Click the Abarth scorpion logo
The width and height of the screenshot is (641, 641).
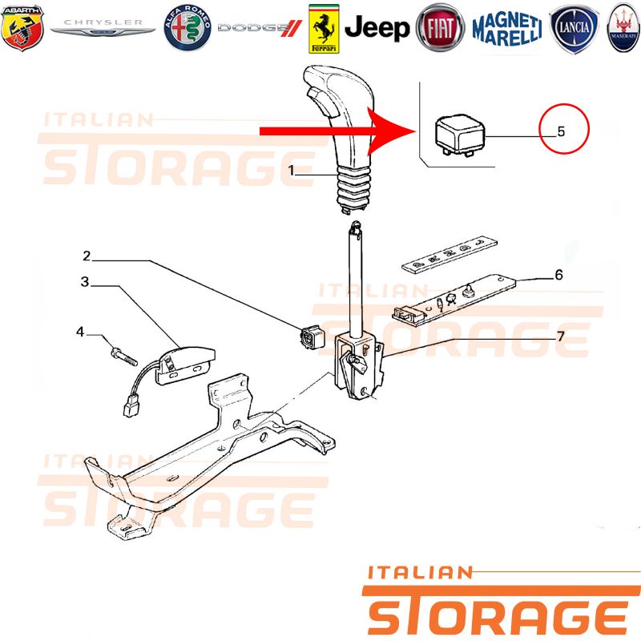click(22, 28)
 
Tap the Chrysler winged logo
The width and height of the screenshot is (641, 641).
click(103, 27)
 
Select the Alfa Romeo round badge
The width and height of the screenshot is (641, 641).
click(187, 28)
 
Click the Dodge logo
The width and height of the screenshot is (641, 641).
click(260, 28)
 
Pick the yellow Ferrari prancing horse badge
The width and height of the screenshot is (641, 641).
click(324, 29)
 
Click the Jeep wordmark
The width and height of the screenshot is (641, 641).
click(377, 28)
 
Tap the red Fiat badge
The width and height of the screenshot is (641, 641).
click(440, 28)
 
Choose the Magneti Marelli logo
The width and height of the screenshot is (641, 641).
click(507, 29)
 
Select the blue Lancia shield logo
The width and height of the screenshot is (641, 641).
click(574, 29)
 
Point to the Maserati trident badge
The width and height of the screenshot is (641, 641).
click(624, 28)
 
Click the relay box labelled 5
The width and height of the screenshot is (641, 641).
click(459, 135)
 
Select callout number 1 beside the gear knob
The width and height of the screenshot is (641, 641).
click(291, 170)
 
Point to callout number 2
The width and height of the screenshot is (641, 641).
click(87, 256)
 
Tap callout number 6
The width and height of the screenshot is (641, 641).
click(558, 275)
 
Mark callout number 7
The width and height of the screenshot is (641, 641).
click(560, 336)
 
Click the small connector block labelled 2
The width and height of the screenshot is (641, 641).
click(310, 336)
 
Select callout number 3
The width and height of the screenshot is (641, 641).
click(85, 282)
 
